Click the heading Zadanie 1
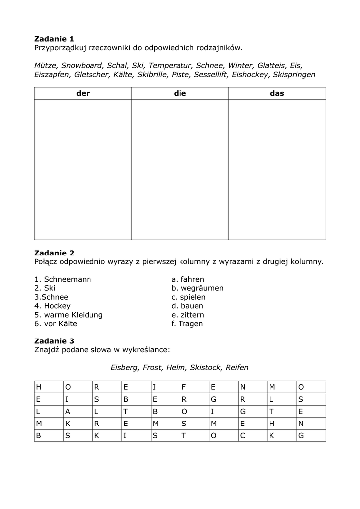click(54, 39)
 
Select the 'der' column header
click(83, 93)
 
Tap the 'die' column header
click(180, 93)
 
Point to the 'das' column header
click(277, 93)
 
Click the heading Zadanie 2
click(54, 253)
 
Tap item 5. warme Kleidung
click(68, 315)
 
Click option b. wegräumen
click(197, 288)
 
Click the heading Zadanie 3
click(54, 341)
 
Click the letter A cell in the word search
click(68, 411)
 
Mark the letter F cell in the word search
click(184, 387)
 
